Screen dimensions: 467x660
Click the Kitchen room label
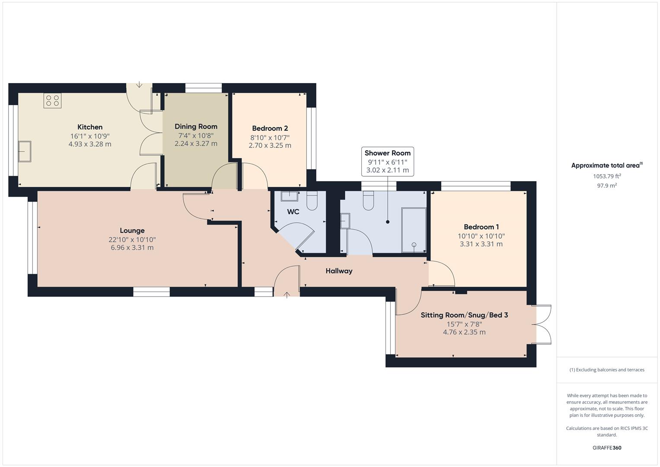(90, 127)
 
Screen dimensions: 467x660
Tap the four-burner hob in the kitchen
(52, 101)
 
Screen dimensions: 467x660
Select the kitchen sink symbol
(24, 151)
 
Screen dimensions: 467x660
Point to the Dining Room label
(196, 127)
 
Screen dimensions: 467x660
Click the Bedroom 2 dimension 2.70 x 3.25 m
(270, 146)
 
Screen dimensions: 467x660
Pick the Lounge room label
(132, 231)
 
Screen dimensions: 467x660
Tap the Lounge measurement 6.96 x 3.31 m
(132, 248)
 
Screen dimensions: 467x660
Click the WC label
(293, 212)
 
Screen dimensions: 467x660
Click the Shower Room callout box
(387, 162)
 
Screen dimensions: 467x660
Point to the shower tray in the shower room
(414, 230)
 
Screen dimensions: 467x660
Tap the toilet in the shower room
(368, 201)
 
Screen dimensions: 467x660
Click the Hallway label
(339, 271)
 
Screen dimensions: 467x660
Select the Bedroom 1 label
(481, 227)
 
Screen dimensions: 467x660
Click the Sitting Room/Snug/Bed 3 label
(464, 315)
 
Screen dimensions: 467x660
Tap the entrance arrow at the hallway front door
(287, 295)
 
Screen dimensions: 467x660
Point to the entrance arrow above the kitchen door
(139, 85)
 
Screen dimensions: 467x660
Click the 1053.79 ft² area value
(607, 176)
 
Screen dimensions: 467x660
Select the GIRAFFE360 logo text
(606, 448)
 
